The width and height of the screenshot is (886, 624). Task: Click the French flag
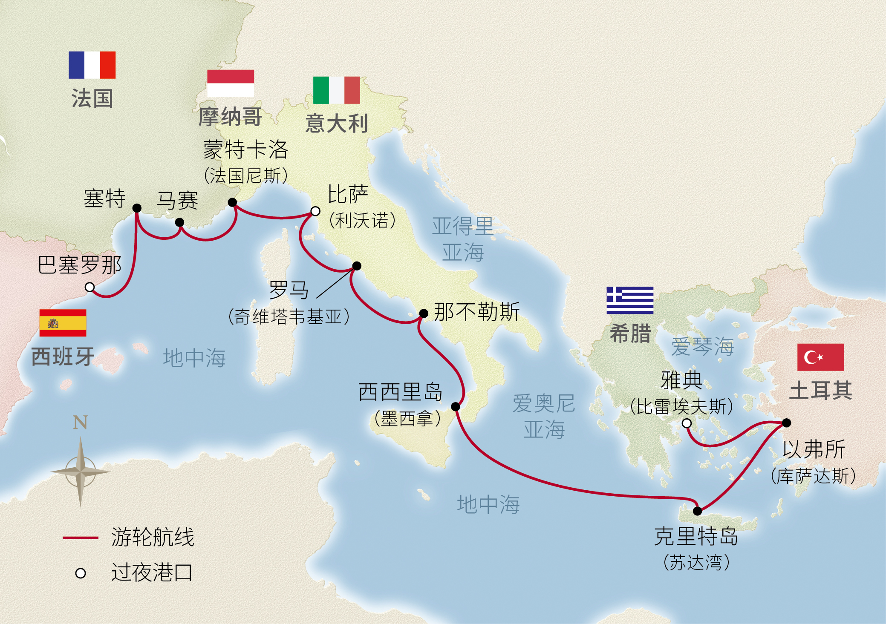[x=92, y=65]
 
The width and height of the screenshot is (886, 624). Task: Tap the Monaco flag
[x=231, y=83]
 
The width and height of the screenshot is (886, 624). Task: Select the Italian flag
[x=336, y=90]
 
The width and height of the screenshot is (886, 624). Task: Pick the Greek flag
[x=630, y=300]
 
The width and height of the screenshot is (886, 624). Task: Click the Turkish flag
[x=820, y=357]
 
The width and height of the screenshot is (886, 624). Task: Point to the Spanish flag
[x=63, y=323]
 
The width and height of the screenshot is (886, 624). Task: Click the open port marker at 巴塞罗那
[x=89, y=287]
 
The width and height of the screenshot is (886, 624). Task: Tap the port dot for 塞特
[x=137, y=208]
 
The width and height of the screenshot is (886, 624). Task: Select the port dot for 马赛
[x=180, y=222]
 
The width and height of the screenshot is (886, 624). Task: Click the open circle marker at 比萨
[x=315, y=211]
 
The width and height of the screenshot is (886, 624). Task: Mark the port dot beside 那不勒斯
[x=424, y=313]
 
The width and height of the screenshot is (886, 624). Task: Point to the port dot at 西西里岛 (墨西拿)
[x=456, y=406]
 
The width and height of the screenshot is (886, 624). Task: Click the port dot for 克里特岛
[x=698, y=511]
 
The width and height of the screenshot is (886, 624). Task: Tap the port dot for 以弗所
[x=787, y=423]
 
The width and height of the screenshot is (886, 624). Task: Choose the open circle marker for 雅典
[x=687, y=423]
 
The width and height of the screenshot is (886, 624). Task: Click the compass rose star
[x=80, y=472]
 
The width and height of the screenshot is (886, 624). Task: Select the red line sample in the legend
[x=80, y=538]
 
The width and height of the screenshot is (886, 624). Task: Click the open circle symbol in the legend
[x=81, y=573]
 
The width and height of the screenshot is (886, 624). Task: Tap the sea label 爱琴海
[x=702, y=346]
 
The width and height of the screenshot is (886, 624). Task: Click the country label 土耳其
[x=820, y=390]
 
